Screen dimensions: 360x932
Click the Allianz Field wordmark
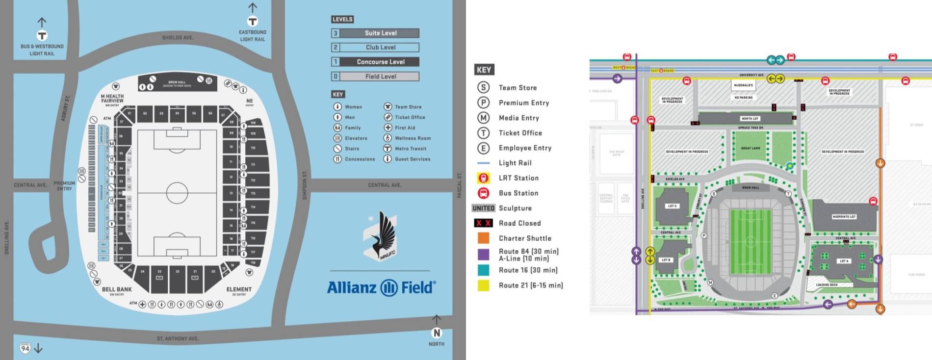(x=381, y=287)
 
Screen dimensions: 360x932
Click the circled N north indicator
(x=437, y=333)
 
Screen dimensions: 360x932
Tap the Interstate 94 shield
(x=25, y=348)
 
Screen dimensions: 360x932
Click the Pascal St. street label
(x=460, y=185)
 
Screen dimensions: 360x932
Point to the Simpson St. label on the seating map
(x=305, y=185)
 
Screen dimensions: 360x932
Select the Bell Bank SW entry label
(x=117, y=290)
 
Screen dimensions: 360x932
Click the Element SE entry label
(x=239, y=290)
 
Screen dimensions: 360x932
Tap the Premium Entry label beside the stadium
(x=64, y=185)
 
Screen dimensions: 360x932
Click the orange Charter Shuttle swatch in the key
(x=483, y=238)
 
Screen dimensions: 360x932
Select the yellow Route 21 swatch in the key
(x=483, y=285)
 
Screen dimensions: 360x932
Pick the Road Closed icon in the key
(x=483, y=223)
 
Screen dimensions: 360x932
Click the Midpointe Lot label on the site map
(x=844, y=216)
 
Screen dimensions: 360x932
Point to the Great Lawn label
(x=750, y=148)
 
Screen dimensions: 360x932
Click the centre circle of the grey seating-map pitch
(x=177, y=193)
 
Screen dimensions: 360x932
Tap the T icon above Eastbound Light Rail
(x=252, y=21)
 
